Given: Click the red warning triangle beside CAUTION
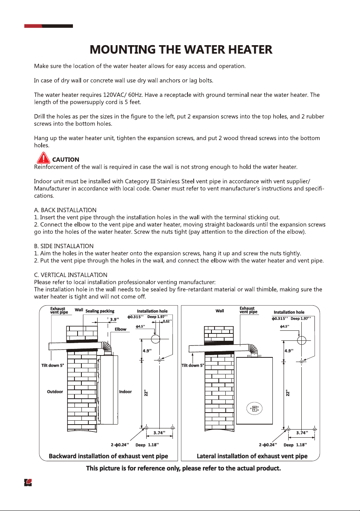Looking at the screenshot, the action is [43, 158].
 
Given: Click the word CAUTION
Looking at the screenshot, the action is [66, 159].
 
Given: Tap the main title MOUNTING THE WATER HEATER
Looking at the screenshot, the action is [181, 49].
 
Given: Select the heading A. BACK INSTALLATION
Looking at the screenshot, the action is [65, 210].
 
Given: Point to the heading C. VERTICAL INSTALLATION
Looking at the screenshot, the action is [71, 275].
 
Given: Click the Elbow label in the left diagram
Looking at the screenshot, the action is [120, 329].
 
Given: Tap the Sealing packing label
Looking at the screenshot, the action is [100, 311].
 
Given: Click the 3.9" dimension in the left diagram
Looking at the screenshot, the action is [115, 320].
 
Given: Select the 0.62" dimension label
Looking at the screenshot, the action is [167, 321].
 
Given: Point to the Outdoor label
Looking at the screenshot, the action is [55, 392].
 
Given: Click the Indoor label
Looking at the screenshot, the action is [125, 392].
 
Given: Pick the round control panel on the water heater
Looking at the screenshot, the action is [254, 408].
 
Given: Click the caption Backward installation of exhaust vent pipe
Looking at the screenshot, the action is [108, 456].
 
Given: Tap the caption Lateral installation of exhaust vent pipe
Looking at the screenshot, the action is [252, 456].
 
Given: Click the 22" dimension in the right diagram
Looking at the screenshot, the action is [288, 393].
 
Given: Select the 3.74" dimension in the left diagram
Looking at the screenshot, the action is [159, 433].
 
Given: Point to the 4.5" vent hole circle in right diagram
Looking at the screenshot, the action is [302, 340].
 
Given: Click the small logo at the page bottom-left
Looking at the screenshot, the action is [28, 482].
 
